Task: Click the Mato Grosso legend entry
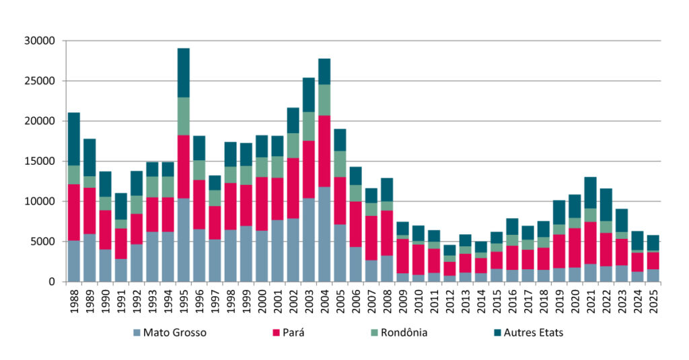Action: click(x=173, y=332)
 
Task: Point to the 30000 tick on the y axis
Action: click(x=40, y=41)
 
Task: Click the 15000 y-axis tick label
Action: click(x=40, y=161)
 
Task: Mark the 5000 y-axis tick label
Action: click(x=42, y=242)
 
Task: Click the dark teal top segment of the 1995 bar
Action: click(x=184, y=73)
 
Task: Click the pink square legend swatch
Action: click(x=275, y=332)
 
